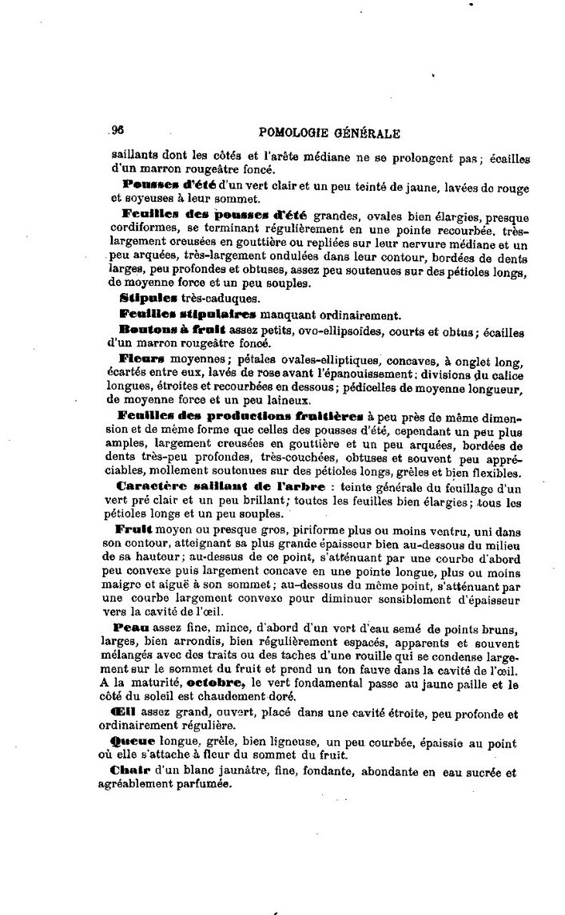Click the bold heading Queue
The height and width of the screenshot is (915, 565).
click(135, 742)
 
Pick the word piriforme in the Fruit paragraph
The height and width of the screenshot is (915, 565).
click(270, 529)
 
